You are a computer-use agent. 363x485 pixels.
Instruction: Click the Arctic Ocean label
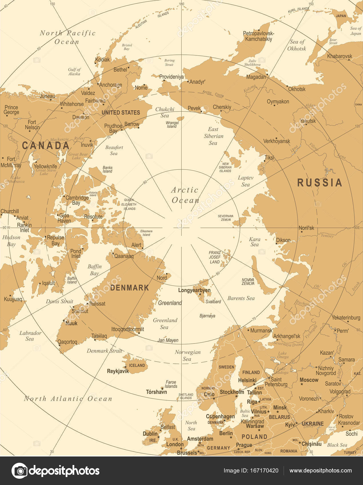coord(185,195)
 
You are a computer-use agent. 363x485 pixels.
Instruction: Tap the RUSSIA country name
coord(319,183)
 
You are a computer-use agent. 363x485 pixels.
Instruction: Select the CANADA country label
coord(46,145)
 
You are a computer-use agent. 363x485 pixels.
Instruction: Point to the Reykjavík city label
coord(118,371)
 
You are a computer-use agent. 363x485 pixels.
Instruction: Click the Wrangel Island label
coord(172,124)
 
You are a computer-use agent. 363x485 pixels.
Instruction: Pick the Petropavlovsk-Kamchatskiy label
coord(258,36)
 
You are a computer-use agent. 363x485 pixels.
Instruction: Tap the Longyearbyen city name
coord(194,290)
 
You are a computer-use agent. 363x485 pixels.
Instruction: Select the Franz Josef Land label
coord(215,257)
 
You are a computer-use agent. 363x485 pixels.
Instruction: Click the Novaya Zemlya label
coord(248,282)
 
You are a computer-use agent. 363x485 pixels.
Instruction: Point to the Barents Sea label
coord(241,298)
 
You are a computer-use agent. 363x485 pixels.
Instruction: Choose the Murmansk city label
coord(261,330)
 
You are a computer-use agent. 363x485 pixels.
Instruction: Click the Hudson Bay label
coord(11,241)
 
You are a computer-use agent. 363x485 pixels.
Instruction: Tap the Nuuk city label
coord(71,323)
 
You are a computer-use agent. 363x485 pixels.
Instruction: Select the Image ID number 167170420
coord(265,470)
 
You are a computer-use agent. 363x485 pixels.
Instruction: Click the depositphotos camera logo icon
coord(19,470)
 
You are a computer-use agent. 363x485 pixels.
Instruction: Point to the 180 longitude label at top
coord(181,4)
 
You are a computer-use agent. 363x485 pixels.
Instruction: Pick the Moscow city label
coord(309,380)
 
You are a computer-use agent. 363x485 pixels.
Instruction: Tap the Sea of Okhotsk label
coord(297,45)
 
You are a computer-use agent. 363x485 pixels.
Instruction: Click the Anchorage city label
coord(110,85)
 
